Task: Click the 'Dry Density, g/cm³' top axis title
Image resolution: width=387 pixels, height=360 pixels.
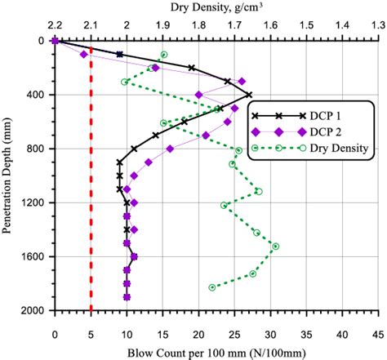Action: coord(216,7)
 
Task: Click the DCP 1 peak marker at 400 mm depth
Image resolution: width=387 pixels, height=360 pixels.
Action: coord(249,95)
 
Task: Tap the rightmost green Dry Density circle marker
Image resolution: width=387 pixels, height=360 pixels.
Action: coord(275,246)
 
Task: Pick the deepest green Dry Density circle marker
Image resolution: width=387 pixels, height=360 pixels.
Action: coord(212,287)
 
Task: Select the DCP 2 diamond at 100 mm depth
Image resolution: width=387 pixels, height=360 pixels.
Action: coord(83,55)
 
